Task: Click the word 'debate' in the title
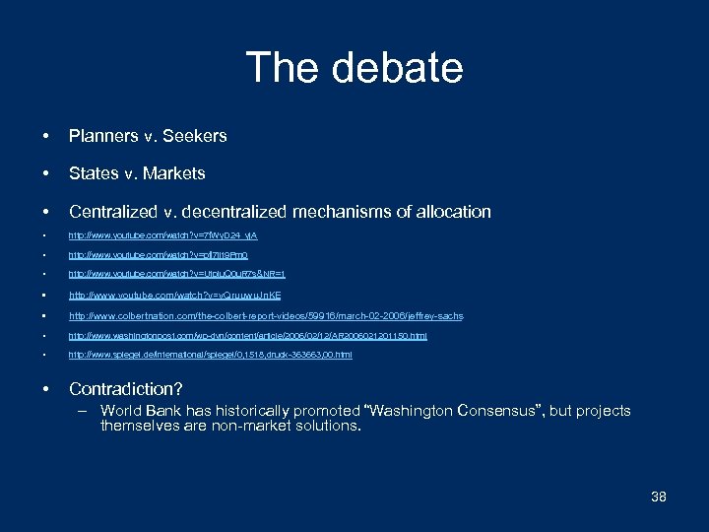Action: click(x=398, y=68)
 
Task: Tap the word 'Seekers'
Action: click(x=195, y=136)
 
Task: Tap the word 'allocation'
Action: click(x=449, y=212)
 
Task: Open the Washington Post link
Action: click(x=247, y=336)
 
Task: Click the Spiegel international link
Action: click(x=210, y=355)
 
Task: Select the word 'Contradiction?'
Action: click(x=126, y=389)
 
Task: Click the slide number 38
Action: click(x=659, y=497)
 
